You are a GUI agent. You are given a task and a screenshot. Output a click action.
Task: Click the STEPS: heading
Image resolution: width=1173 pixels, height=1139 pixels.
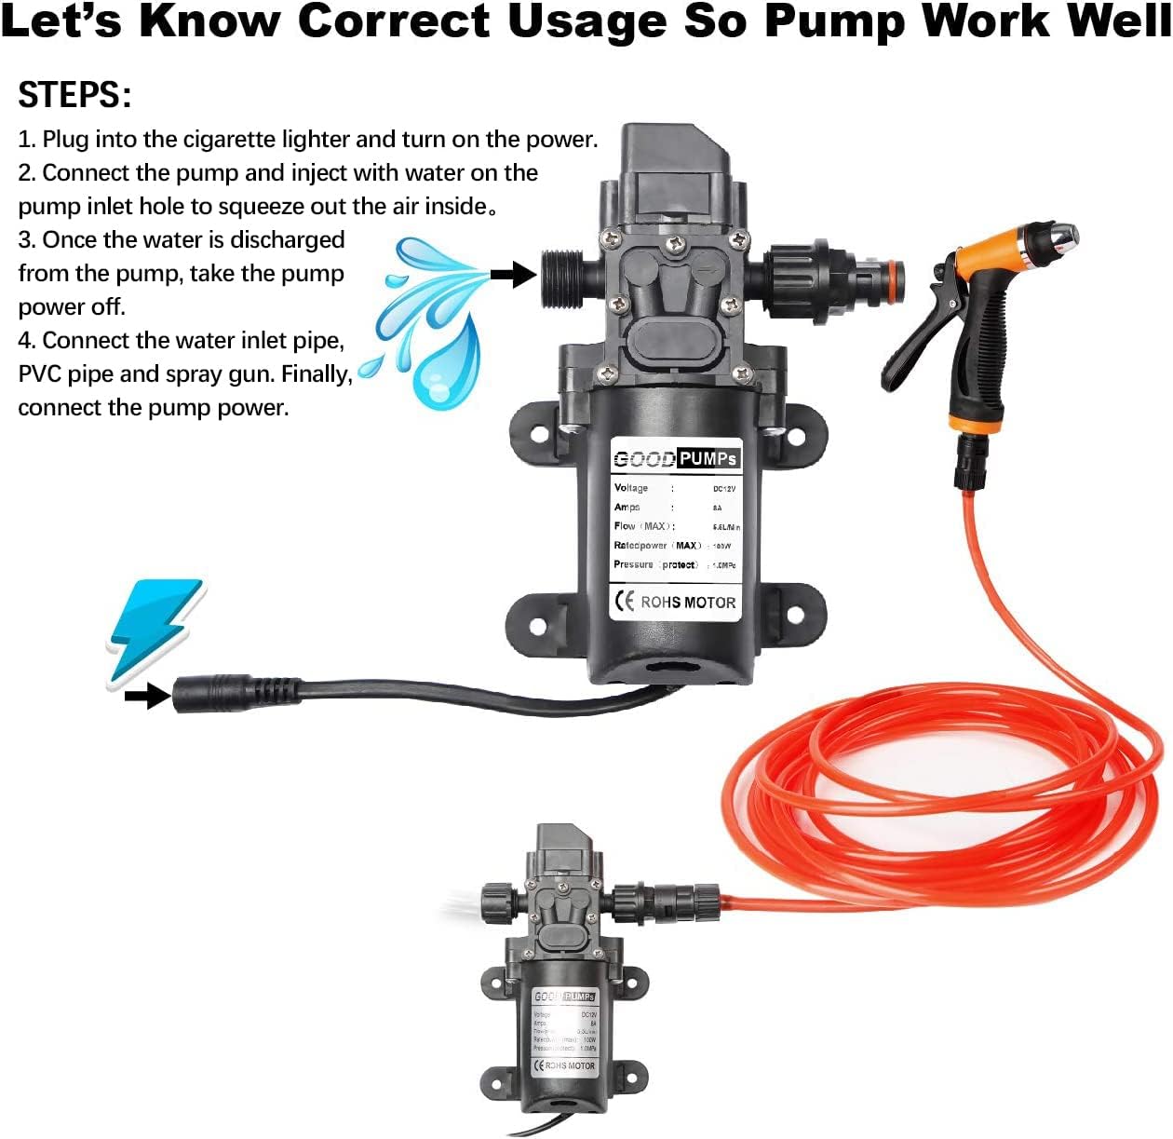(74, 95)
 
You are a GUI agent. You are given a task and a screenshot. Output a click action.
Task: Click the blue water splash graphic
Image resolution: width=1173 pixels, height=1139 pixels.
(428, 320)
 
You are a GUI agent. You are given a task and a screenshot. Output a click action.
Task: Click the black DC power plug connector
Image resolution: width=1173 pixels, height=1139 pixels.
(233, 693)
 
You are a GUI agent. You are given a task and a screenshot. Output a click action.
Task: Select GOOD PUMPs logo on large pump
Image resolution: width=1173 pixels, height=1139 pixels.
(676, 458)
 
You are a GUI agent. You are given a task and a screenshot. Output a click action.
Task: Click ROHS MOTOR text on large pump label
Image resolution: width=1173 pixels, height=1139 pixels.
(687, 603)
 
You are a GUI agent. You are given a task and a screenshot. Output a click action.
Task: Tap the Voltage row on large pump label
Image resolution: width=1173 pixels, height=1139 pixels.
(675, 488)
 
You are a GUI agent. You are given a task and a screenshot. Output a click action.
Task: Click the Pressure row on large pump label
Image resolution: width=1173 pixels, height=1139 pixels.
(675, 564)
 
